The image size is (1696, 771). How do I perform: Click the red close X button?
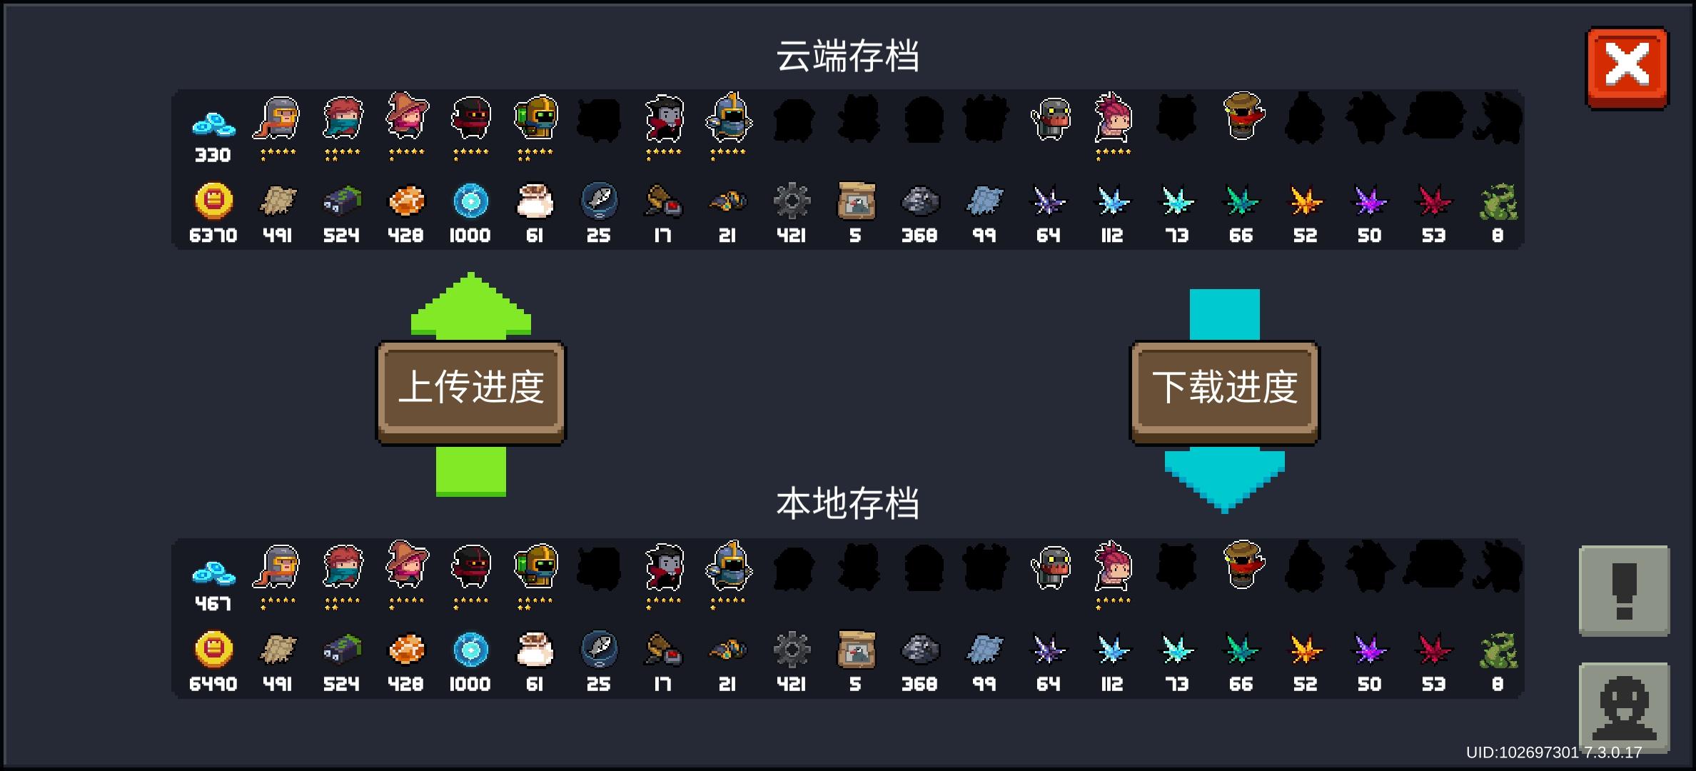click(x=1627, y=68)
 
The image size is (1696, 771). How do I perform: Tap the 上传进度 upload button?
click(x=471, y=393)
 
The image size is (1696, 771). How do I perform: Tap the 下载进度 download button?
click(x=1224, y=393)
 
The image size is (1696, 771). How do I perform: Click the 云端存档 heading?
click(x=847, y=56)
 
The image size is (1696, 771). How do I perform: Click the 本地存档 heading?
click(x=847, y=503)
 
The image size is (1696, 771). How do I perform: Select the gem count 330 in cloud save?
click(x=213, y=155)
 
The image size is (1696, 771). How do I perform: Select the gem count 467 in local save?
click(x=213, y=604)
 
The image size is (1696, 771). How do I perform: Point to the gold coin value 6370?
click(x=213, y=236)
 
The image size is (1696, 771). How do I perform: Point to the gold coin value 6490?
click(x=213, y=684)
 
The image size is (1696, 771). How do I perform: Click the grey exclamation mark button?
click(x=1624, y=590)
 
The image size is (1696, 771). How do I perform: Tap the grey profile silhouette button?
click(x=1624, y=707)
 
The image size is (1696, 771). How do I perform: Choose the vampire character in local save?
click(x=664, y=567)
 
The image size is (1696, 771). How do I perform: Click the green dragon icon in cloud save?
click(x=1498, y=202)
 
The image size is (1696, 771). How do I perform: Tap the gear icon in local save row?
click(x=792, y=650)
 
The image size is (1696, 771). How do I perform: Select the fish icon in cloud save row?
click(x=599, y=201)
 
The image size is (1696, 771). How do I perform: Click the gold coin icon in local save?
click(x=213, y=650)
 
